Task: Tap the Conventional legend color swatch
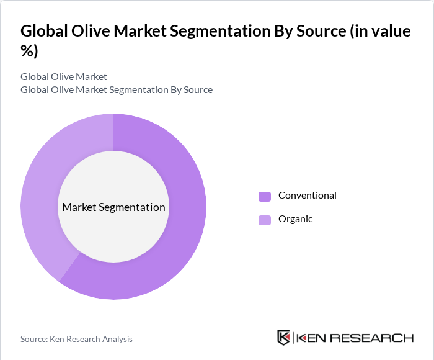click(265, 196)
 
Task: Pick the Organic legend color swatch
click(265, 220)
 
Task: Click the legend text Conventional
click(307, 196)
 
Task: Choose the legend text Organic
click(295, 219)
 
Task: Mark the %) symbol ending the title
click(29, 52)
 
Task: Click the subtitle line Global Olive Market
click(64, 77)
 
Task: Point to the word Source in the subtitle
click(196, 90)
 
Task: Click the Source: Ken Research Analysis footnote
click(76, 339)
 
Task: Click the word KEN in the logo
click(312, 338)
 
